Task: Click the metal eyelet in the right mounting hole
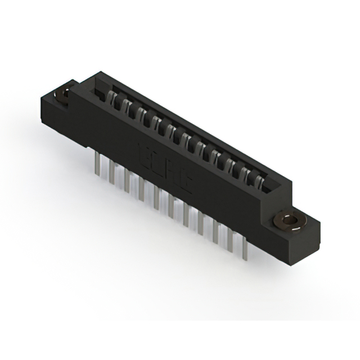tap(291, 220)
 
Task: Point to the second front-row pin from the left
tap(113, 173)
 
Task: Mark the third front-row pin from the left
tap(128, 182)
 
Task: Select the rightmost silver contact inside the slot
tap(258, 181)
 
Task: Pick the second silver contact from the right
tap(245, 174)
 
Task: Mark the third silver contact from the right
tap(232, 166)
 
